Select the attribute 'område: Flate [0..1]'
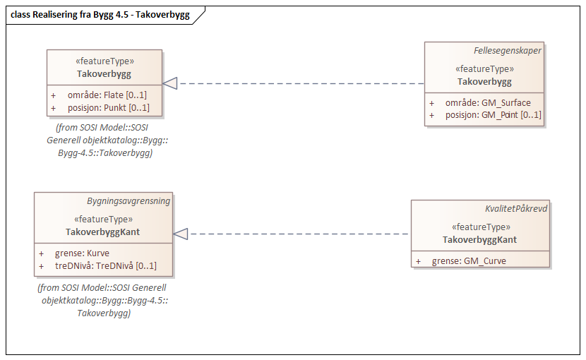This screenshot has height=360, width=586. click(107, 95)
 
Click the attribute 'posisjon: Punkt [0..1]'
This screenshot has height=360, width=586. click(108, 108)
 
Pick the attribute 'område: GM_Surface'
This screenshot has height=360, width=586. click(488, 102)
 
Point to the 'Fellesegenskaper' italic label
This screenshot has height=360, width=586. click(508, 51)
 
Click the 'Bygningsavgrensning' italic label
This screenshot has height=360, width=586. click(128, 200)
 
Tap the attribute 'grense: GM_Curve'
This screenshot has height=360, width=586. click(469, 260)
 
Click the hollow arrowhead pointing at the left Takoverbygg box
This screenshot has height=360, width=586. click(170, 83)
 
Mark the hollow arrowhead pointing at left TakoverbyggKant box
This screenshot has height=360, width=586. click(181, 234)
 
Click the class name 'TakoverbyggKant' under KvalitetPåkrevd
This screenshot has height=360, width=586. click(479, 239)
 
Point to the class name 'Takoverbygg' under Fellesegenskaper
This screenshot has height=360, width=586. click(484, 81)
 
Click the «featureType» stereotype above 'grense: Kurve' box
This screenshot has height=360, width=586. click(103, 219)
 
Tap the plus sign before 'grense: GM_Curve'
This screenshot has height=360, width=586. click(418, 260)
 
